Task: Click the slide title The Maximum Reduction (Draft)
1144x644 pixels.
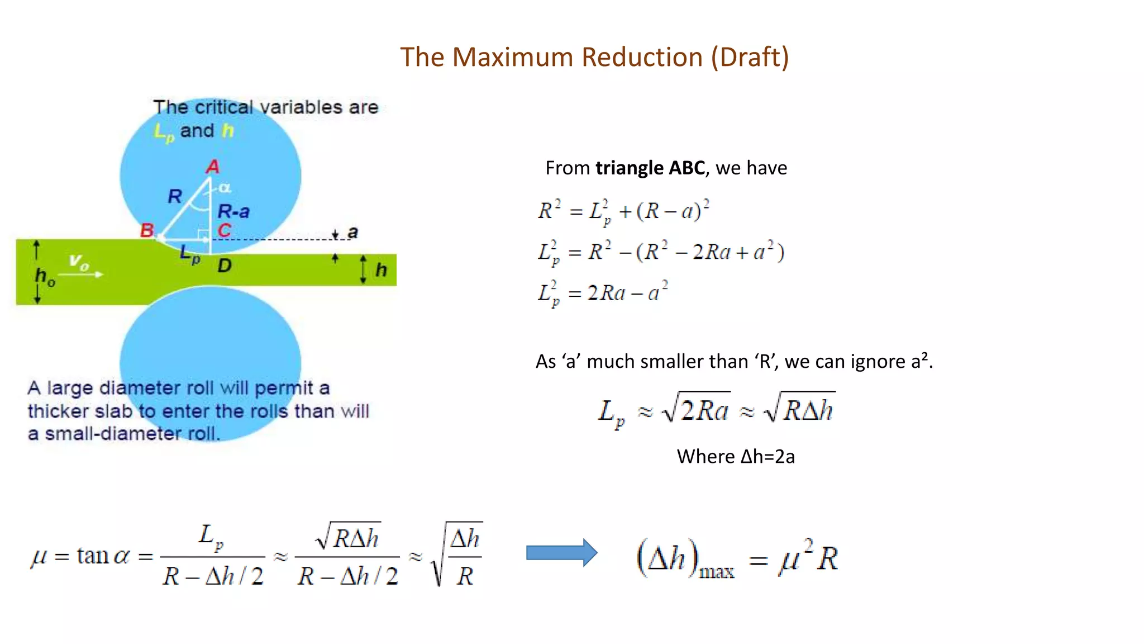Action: pos(594,57)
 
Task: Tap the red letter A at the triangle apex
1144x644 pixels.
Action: pos(213,167)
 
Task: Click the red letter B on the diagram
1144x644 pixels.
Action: pos(147,230)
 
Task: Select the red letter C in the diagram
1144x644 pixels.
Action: pos(224,230)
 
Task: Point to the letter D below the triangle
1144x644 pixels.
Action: pos(225,266)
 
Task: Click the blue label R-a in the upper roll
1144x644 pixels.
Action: pos(233,211)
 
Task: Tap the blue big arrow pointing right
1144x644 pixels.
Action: pos(561,553)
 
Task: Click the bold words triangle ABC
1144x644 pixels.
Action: pos(650,168)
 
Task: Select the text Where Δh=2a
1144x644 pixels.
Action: pos(736,457)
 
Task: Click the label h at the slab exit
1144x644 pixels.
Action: pos(381,270)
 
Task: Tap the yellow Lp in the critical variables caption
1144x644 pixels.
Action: pos(164,132)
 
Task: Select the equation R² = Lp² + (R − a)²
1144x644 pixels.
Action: pos(623,211)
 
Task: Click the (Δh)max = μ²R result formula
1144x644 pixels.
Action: pos(737,558)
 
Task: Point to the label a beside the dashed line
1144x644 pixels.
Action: pos(352,232)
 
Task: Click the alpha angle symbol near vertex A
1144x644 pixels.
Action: pos(225,188)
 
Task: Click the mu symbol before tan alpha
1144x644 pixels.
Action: pos(39,557)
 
